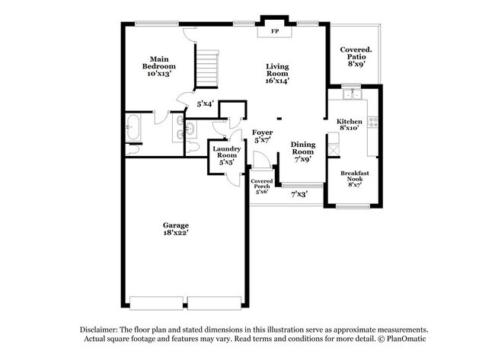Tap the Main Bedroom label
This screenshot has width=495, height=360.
158,63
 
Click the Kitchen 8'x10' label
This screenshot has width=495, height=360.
349,124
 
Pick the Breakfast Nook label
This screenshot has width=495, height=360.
354,178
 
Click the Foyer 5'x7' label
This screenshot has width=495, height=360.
263,136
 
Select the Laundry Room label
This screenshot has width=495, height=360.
226,155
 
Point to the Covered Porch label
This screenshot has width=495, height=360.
261,186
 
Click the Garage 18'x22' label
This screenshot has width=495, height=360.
175,228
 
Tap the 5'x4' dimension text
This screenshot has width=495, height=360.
205,104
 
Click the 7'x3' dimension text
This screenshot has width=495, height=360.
299,195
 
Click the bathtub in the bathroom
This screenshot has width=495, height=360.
133,128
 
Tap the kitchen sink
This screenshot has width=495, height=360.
351,95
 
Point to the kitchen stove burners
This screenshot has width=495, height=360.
372,120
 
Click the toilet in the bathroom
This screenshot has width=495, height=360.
192,146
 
